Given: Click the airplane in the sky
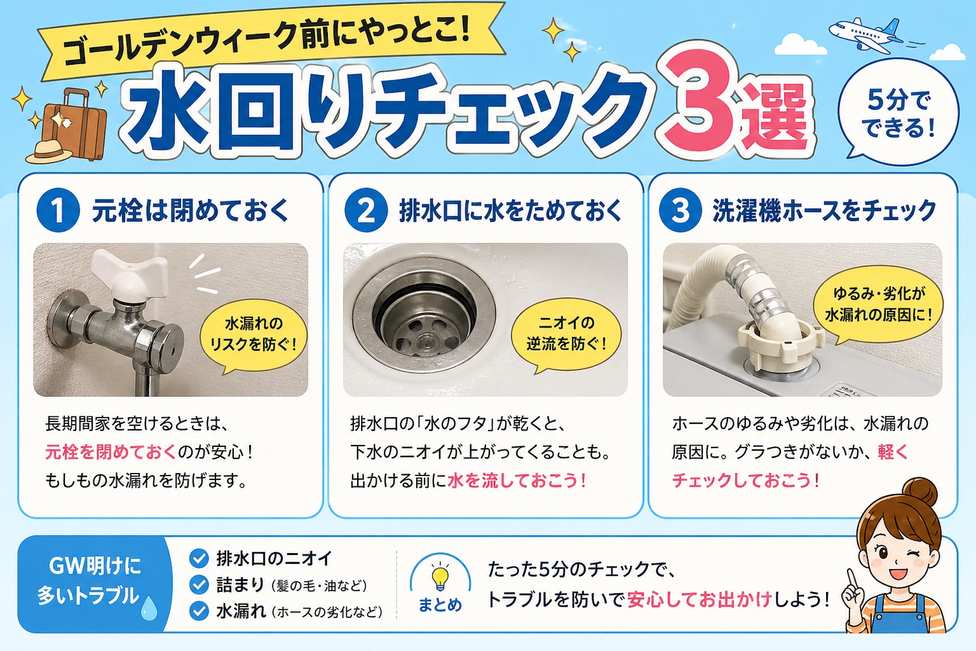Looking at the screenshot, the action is click(x=865, y=35).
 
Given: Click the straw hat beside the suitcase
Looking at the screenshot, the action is click(x=48, y=151).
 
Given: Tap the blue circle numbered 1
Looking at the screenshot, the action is click(x=58, y=210).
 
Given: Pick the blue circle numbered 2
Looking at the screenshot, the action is click(x=366, y=210).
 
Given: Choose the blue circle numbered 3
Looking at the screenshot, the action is click(x=680, y=210).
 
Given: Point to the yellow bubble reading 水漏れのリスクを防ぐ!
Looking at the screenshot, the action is click(x=253, y=334).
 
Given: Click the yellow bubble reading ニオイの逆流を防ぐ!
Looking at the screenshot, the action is click(x=566, y=334).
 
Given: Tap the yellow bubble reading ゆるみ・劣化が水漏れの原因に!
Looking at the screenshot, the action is click(x=878, y=305).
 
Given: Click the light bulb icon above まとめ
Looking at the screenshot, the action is click(x=440, y=577).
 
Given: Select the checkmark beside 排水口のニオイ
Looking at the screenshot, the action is click(x=199, y=558).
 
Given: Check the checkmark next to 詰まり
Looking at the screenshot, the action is click(x=199, y=585).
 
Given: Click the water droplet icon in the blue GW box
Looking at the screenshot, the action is click(x=149, y=608).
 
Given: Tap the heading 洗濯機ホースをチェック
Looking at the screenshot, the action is click(x=824, y=210).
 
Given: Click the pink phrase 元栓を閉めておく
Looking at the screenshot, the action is click(x=111, y=452).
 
